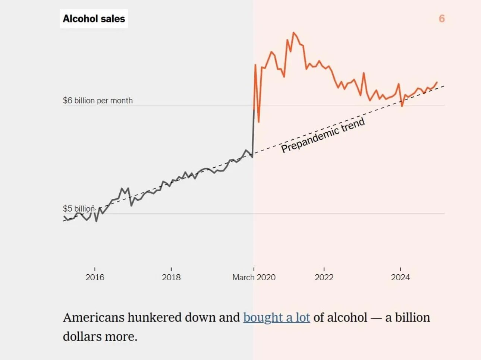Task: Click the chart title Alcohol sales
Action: coord(94,19)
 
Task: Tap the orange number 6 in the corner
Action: coord(441,19)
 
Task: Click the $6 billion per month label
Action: coord(98,100)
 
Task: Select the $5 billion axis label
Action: coord(79,208)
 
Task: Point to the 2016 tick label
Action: coord(95,277)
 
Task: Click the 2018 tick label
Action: coord(171,277)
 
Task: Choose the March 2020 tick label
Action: coord(254,277)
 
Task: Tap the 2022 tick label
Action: coord(324,277)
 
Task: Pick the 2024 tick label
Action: coord(400,277)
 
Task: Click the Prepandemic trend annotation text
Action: coord(323,135)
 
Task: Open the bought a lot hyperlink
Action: coord(276,317)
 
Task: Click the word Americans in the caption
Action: coord(94,317)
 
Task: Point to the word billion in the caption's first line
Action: coord(412,317)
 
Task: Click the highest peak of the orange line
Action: coord(294,33)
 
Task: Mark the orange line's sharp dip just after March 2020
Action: coord(258,121)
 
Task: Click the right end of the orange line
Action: coord(437,82)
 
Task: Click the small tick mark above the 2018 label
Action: coord(171,269)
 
